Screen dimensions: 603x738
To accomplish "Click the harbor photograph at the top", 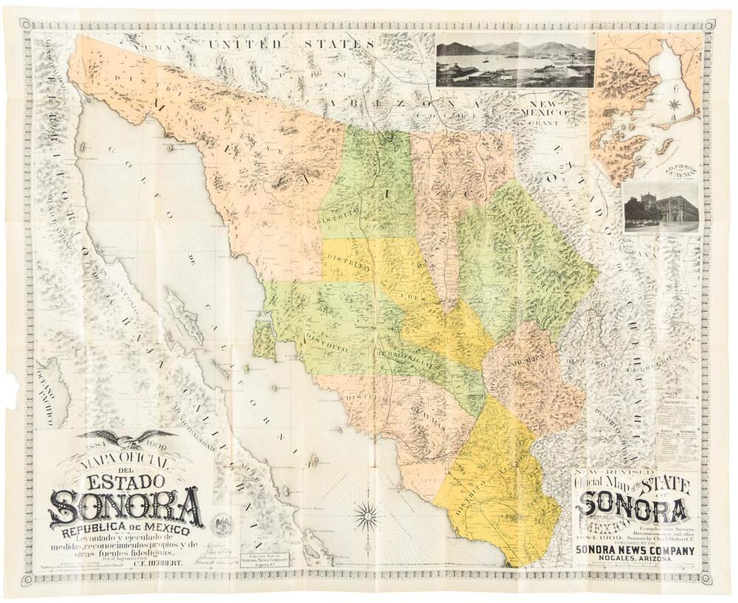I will pos(514,60).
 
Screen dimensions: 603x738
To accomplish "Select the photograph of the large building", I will pos(661,208).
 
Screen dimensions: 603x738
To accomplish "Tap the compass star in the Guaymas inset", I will pos(673,104).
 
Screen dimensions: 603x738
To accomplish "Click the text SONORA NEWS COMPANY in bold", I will pos(635,551).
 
